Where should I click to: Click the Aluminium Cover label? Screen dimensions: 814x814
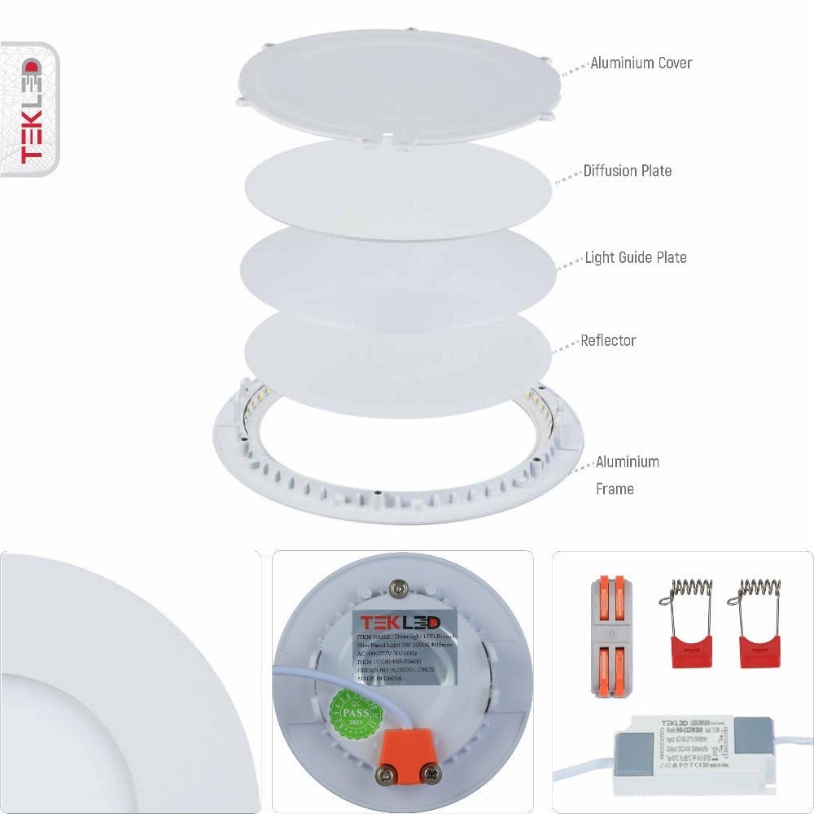(641, 63)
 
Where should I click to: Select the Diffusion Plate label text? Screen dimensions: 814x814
(627, 171)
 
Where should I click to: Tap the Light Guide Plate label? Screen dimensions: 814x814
(635, 257)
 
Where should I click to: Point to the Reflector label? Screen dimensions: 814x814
(607, 340)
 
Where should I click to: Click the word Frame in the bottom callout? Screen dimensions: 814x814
(615, 489)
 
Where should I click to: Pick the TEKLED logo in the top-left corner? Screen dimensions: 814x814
(29, 109)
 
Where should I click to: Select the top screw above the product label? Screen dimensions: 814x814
(399, 585)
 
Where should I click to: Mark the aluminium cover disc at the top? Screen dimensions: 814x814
(399, 85)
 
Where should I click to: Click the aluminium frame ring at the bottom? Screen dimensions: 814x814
(399, 497)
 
